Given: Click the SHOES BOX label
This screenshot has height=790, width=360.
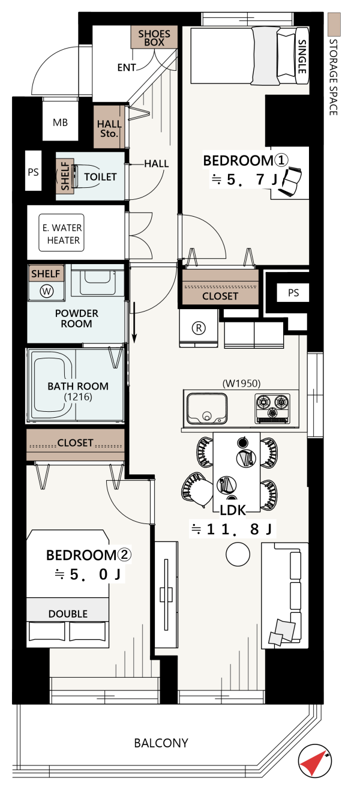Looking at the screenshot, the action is click(154, 38).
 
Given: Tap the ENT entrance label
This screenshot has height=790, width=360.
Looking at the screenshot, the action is click(127, 67).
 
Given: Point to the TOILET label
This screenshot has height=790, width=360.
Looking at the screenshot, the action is click(100, 176).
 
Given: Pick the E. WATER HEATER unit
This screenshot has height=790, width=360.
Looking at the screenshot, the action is click(61, 233).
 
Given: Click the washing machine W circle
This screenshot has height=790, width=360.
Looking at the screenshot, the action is click(47, 291).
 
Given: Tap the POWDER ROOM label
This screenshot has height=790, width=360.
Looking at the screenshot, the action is click(77, 319).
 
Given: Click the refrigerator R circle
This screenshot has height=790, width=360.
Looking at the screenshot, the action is click(199, 328).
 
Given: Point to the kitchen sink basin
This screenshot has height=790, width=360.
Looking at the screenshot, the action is click(207, 409).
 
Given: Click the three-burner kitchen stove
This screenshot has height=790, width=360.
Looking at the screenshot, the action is click(272, 408).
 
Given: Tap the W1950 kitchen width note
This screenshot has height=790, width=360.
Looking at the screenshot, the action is click(242, 383).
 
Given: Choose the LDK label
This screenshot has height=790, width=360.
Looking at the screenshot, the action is click(233, 510).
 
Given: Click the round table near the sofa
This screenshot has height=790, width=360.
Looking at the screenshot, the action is click(238, 554).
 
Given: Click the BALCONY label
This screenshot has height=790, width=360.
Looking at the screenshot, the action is click(161, 743).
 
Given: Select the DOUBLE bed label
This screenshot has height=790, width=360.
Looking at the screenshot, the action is click(68, 614).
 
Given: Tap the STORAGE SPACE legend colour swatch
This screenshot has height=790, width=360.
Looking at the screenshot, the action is click(334, 25).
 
